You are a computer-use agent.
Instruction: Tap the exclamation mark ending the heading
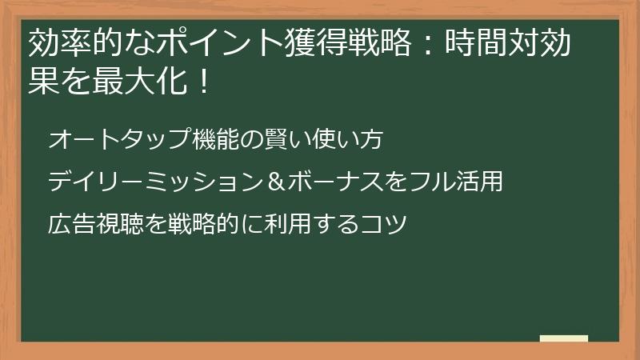(x=201, y=81)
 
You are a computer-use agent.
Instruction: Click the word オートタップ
(x=121, y=140)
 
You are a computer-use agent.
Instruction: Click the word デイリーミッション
(x=155, y=182)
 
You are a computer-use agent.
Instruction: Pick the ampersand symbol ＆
(x=276, y=182)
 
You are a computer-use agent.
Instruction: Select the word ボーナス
(x=336, y=182)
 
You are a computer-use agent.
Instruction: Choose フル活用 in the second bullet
(x=455, y=182)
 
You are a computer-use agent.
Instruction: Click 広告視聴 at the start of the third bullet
(x=96, y=223)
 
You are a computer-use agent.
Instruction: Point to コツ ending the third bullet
(x=385, y=223)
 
